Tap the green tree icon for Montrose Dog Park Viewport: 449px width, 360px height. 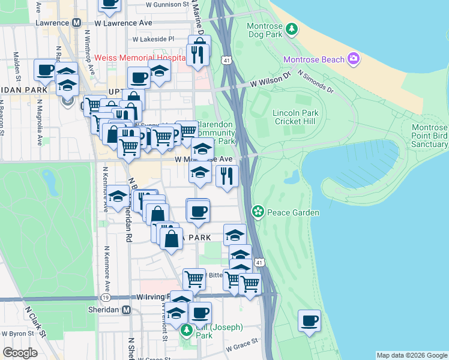point(291,28)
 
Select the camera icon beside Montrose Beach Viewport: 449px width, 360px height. point(354,59)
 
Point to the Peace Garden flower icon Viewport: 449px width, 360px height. point(258,212)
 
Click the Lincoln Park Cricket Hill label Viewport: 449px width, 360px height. point(295,117)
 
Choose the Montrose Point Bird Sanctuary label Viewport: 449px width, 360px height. point(430,136)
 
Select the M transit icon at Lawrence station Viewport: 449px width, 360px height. point(76,23)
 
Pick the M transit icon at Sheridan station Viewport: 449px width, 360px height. point(126,310)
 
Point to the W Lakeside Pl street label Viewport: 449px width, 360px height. point(153,39)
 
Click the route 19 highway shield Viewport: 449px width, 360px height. point(106,297)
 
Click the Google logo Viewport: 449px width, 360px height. point(20,353)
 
